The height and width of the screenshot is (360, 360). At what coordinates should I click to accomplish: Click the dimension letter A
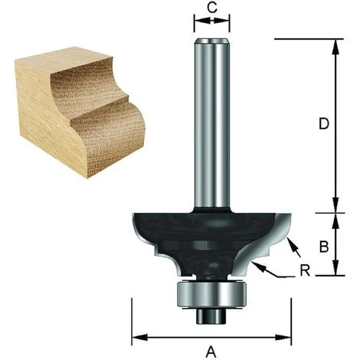[211, 352]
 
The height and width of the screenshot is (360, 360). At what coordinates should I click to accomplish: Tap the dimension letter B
[325, 247]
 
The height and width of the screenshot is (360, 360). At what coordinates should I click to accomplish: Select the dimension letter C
[212, 9]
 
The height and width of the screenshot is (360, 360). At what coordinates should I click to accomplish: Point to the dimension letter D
[325, 123]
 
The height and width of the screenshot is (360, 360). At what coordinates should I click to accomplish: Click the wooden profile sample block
[77, 111]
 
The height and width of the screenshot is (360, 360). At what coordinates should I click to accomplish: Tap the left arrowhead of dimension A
[135, 335]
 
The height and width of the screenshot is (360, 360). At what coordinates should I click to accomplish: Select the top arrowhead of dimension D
[335, 43]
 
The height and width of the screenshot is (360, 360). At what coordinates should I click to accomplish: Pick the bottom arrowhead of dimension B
[335, 272]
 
